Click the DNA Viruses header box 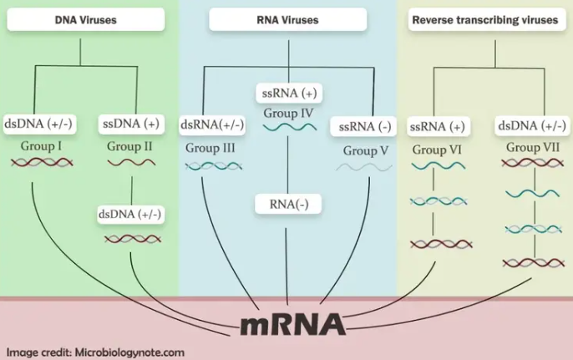[86, 19]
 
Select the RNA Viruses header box [288, 19]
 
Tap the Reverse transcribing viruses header [487, 19]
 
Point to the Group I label [41, 146]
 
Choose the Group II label [129, 146]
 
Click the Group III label [210, 148]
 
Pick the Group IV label [288, 114]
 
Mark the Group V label [366, 150]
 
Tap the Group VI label [437, 150]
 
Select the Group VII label [533, 147]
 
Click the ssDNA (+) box [131, 124]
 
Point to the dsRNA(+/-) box [212, 124]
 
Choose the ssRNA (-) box [363, 127]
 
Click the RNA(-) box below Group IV [288, 204]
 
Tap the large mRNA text [293, 325]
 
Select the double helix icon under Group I [42, 162]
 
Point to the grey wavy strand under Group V [364, 167]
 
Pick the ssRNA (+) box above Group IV [289, 94]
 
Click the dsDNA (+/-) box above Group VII [532, 126]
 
